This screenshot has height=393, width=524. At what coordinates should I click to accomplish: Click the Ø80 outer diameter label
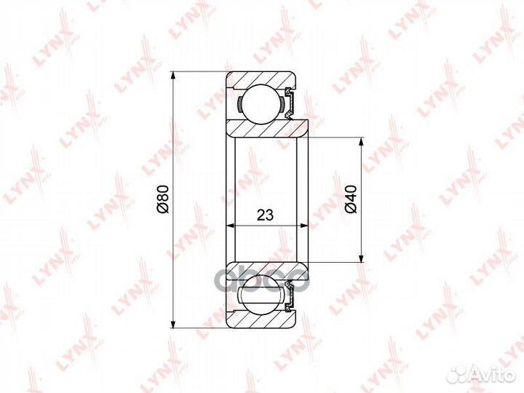click(164, 199)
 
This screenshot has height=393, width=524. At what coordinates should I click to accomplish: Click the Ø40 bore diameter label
click(352, 199)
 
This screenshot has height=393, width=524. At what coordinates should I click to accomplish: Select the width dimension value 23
click(266, 215)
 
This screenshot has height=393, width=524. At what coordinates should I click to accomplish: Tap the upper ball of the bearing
click(261, 103)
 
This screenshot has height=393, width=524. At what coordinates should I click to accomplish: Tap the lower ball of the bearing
click(261, 295)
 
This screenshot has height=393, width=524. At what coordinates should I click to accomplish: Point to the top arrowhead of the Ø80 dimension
click(172, 76)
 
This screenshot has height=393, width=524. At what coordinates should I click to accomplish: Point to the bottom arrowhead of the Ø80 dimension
click(172, 323)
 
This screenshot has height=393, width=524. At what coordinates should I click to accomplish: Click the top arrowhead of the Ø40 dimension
click(361, 142)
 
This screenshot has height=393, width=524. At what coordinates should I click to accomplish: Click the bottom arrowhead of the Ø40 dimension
click(361, 258)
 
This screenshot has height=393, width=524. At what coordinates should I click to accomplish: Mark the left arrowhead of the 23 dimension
click(231, 226)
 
